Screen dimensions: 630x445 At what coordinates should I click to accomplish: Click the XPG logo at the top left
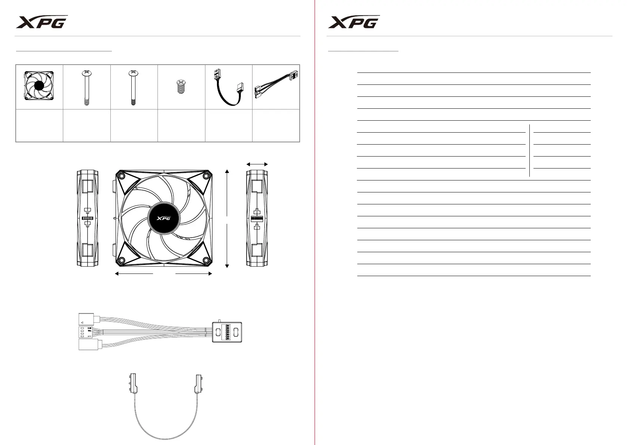point(42,22)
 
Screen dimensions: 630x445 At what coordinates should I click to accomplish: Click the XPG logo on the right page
point(354,22)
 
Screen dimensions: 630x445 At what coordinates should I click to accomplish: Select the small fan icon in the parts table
point(39,86)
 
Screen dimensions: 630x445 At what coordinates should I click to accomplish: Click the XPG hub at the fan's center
point(164,218)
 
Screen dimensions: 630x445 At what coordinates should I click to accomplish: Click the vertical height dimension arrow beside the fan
point(227,219)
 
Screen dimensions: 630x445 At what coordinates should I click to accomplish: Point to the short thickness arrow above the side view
point(257,164)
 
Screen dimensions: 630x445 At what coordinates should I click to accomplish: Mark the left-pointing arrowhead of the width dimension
point(117,274)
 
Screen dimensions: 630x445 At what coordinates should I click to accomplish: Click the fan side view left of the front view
point(88,218)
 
